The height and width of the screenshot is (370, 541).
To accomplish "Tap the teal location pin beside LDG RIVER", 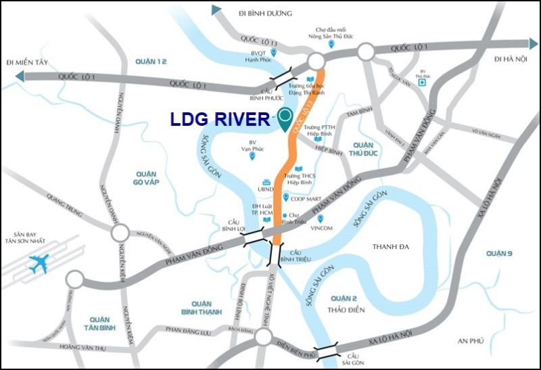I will pyautogui.click(x=285, y=120).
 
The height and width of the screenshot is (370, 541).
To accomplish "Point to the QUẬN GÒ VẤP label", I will pyautogui.click(x=145, y=178).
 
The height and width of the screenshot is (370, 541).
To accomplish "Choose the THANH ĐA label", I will pyautogui.click(x=391, y=247).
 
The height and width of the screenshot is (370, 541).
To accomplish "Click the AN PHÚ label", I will pyautogui.click(x=472, y=341).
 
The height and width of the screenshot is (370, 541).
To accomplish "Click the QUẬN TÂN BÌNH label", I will pyautogui.click(x=99, y=322).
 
